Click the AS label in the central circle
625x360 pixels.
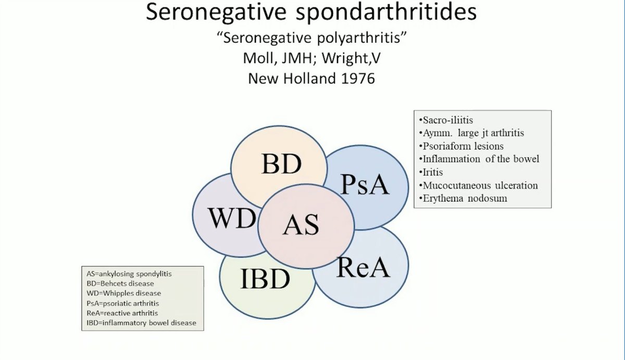pos(301,225)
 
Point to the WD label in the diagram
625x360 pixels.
pos(232,219)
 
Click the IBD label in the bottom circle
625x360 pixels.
pos(265,279)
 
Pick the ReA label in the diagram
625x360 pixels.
pos(363,268)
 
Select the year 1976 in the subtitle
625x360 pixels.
pos(355,79)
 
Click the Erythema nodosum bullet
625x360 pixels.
pos(463,198)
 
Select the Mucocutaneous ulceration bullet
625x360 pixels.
pos(478,185)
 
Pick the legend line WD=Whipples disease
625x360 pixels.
pos(123,293)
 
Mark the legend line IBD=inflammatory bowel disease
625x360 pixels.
pos(141,323)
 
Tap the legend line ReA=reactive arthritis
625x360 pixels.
pos(122,313)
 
